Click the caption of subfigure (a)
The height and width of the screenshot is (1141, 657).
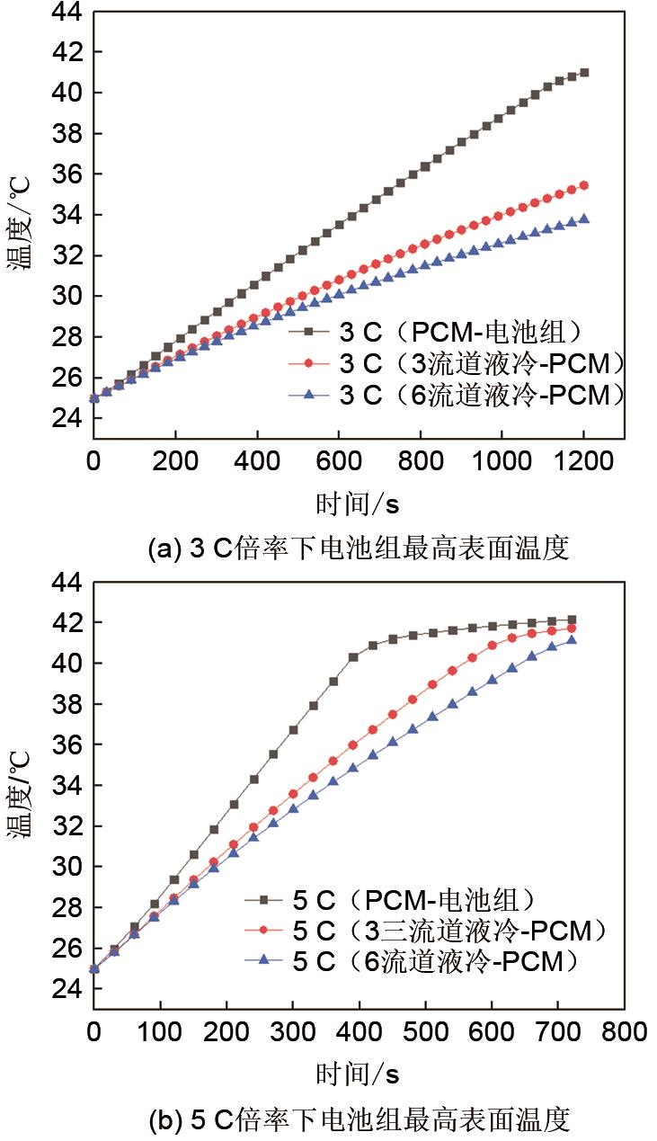coord(358,548)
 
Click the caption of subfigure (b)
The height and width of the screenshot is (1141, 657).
coord(358,1119)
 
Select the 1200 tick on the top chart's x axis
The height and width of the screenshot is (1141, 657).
coord(583,464)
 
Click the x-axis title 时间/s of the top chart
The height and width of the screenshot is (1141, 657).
coord(358,504)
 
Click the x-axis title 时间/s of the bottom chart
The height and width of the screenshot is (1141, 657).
coord(358,1074)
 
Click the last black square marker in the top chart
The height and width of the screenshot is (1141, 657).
coord(584,72)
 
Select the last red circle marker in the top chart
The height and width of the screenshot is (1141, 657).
coord(584,185)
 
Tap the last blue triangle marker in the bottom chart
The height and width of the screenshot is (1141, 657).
coord(572,639)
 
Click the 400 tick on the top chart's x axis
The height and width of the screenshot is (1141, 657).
coord(257,464)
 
